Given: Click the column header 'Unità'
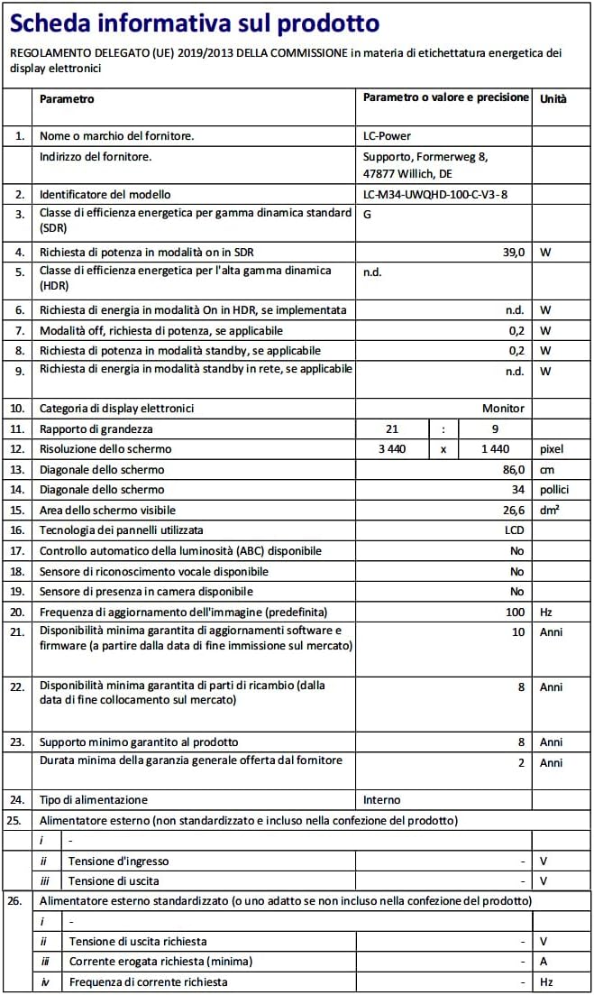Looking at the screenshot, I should (x=553, y=98).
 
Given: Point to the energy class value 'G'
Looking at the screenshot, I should (x=368, y=215).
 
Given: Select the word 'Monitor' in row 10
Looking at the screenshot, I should (x=503, y=409).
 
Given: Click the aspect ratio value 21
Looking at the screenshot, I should (x=391, y=429).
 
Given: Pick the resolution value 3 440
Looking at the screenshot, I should (x=391, y=449).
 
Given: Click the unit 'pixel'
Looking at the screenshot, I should (x=551, y=449).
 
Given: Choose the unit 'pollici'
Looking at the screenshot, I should (x=555, y=490).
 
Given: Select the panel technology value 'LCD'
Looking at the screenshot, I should (x=514, y=530).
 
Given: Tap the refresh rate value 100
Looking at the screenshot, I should (x=515, y=612).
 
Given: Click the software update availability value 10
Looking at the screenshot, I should (x=517, y=632).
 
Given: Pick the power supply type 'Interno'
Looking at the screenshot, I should (x=381, y=800).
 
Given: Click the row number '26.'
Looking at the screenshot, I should (x=15, y=901).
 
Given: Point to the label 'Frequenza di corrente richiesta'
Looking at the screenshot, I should (x=148, y=981).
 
